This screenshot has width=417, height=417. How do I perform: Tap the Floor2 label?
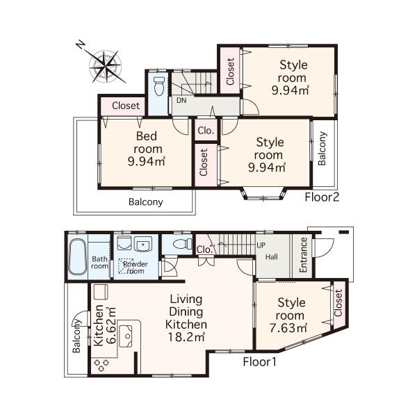coord(322,197)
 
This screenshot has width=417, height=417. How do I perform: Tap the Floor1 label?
coord(260,361)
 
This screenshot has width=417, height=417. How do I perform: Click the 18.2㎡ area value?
coord(185,337)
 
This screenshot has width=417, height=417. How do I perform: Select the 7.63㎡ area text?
coord(292,327)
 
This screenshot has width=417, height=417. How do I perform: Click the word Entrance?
coord(303,255)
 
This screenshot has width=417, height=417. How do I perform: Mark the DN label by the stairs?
coord(181,100)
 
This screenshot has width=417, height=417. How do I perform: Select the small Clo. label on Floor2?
coord(206,130)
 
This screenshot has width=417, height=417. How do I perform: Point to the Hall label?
coord(271,256)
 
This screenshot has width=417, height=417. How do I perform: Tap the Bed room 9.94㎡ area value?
coord(146,162)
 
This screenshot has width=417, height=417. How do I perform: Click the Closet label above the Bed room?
coord(126,106)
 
